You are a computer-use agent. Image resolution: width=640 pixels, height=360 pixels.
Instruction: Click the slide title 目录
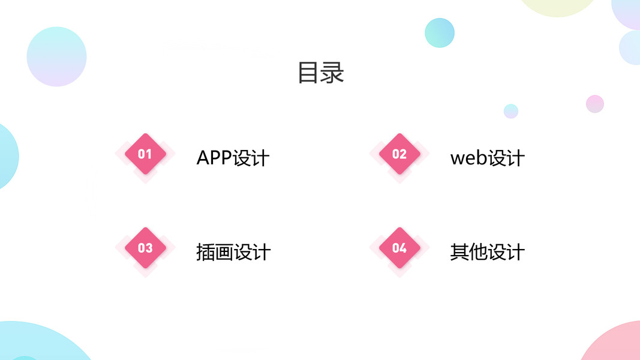(320, 73)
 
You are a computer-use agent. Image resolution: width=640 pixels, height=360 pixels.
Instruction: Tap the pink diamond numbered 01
(145, 154)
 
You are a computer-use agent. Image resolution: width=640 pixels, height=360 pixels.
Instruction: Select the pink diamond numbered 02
(399, 154)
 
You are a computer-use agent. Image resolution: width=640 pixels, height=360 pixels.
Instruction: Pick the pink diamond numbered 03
(145, 248)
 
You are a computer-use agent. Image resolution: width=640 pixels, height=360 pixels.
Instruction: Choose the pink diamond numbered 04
(399, 248)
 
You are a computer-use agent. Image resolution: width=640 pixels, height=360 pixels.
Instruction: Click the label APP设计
(233, 158)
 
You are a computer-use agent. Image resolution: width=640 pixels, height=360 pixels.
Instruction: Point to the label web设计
(487, 158)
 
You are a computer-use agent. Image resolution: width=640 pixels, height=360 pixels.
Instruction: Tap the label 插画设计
(233, 252)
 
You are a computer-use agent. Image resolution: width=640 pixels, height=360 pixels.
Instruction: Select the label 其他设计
(487, 252)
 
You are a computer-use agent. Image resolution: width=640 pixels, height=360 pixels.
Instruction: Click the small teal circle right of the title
(440, 32)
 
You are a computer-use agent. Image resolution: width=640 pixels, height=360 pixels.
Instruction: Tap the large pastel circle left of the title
(56, 56)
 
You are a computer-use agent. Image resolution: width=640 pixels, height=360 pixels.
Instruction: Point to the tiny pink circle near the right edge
(595, 104)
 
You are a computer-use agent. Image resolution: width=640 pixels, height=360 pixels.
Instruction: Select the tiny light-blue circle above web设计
(511, 111)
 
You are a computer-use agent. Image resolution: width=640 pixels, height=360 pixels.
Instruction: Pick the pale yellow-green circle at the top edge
(557, 5)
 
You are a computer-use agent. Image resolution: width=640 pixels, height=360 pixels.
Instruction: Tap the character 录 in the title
(332, 73)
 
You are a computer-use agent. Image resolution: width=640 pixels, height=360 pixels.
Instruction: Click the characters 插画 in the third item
(214, 252)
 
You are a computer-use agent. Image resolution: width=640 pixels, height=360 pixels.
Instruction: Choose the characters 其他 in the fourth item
(468, 252)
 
